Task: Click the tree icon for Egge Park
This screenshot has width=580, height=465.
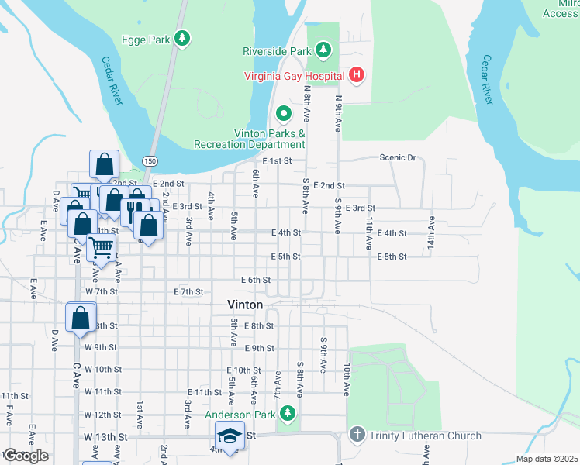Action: point(182,37)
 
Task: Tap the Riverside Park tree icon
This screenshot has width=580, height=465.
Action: point(323,51)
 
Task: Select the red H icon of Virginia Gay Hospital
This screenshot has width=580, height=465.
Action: point(357,75)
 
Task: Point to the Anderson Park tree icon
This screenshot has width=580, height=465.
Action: point(288,414)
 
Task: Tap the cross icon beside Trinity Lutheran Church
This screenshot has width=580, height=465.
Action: point(357,436)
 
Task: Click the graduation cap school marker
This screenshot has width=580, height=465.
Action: point(230,436)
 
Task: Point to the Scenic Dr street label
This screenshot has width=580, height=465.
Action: point(398,157)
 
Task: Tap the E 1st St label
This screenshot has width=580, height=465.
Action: point(276,160)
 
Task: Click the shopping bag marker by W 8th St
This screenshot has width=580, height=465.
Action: point(81,318)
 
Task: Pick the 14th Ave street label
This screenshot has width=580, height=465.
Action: point(430,232)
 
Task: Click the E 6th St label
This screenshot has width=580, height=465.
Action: point(256,279)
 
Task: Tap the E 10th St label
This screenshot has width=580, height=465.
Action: point(243,370)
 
